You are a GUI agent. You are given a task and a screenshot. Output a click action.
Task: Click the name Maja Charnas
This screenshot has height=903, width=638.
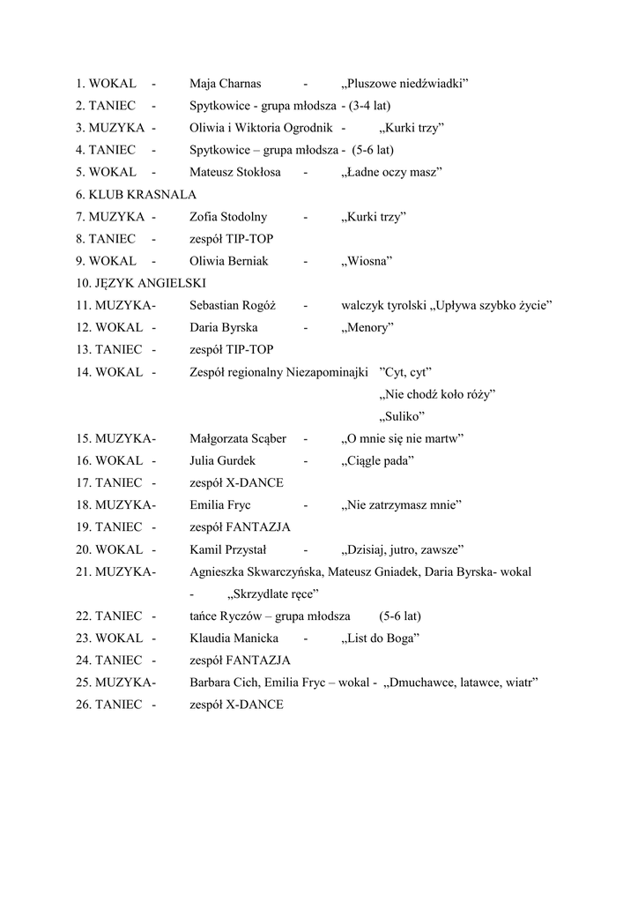225,84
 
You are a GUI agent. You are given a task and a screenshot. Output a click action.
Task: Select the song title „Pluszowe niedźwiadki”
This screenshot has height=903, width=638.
404,84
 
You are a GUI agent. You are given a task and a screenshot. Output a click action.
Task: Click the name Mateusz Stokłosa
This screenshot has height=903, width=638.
234,172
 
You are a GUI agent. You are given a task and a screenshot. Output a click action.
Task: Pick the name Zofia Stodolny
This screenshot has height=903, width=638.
227,217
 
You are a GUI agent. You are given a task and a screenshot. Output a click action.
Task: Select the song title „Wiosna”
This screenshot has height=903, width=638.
366,261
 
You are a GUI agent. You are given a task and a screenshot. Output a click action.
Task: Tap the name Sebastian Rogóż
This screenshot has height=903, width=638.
233,305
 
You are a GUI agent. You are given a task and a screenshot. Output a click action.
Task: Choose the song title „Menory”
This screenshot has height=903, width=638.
367,328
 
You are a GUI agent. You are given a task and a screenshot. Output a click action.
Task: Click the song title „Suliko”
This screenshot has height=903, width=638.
402,416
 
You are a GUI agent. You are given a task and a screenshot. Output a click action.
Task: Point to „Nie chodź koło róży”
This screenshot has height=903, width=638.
436,394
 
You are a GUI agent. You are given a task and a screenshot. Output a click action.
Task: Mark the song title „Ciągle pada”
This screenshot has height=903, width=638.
377,460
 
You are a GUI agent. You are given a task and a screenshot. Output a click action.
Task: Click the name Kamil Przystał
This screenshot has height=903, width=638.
227,549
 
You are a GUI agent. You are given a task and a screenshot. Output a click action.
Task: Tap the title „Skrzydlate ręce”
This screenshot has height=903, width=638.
272,593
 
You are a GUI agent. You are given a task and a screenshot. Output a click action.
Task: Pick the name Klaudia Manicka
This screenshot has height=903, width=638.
234,638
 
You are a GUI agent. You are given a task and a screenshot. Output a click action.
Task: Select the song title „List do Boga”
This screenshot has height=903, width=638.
380,638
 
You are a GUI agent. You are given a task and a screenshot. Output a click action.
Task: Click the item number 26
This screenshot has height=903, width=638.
84,705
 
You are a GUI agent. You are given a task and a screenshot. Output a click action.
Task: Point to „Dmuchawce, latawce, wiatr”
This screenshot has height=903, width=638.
461,683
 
